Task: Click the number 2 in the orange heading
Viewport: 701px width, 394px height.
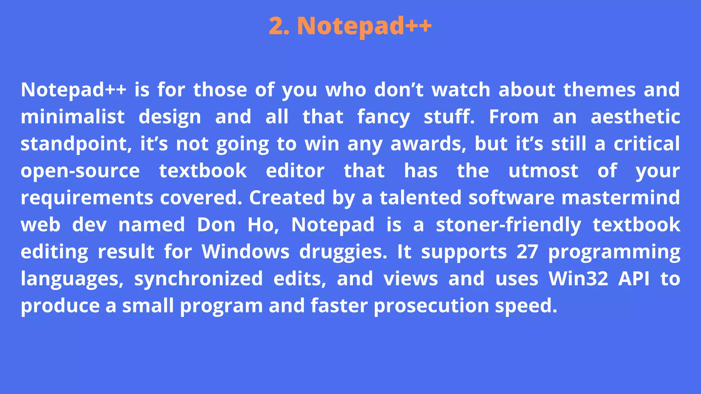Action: point(277,26)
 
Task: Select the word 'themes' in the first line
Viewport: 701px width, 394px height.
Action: point(599,90)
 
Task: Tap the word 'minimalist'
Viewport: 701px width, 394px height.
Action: point(73,117)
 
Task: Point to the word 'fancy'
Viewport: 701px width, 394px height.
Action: point(383,117)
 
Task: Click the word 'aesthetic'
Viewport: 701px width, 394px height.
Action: point(635,117)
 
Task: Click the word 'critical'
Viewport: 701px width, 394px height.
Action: point(647,144)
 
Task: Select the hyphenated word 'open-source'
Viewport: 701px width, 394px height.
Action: point(80,171)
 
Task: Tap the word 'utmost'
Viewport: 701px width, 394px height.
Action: point(543,171)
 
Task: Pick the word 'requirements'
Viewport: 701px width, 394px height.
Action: point(87,198)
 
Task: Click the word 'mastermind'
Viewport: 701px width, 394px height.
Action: point(621,198)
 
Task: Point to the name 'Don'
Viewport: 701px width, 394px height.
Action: point(216,225)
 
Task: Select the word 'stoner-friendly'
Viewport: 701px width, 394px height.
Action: point(508,225)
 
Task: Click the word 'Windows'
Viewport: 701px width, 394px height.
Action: point(245,252)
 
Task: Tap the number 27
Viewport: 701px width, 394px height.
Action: point(527,252)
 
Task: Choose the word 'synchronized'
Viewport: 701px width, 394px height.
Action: point(198,279)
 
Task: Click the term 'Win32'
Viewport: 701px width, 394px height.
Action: point(578,279)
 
